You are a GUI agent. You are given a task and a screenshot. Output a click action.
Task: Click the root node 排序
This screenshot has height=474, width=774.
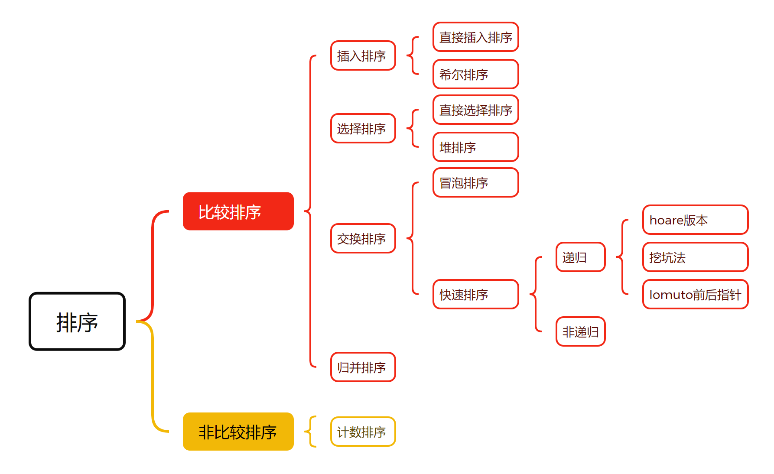77,321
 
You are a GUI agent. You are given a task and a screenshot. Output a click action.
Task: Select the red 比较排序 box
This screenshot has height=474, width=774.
238,211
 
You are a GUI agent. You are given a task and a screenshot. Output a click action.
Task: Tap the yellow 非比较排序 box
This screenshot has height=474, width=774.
238,432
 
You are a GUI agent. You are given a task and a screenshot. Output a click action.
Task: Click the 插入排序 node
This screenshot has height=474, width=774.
363,55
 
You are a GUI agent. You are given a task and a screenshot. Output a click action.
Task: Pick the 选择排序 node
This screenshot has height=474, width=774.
363,128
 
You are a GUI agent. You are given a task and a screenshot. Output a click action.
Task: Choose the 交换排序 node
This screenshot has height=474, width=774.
363,238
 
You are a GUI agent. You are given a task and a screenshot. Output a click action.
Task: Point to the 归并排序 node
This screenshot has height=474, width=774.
363,367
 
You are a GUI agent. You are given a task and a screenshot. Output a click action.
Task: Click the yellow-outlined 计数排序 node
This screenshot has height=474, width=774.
363,432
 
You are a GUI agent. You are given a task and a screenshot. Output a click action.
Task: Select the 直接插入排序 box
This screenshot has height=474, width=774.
475,37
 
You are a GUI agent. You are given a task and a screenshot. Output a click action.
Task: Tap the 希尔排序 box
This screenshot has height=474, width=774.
475,74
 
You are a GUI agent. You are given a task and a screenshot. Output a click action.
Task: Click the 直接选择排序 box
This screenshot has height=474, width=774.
475,110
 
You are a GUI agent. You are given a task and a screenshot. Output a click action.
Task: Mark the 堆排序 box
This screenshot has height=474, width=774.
475,147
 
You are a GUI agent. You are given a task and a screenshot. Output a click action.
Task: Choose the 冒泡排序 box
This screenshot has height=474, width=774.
475,182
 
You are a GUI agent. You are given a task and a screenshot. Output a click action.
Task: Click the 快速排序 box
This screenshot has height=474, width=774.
475,294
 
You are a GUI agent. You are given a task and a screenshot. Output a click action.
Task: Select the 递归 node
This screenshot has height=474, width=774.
580,257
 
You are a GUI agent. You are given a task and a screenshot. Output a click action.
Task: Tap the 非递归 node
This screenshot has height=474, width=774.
580,331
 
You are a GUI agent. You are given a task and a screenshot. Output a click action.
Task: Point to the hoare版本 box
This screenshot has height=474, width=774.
695,220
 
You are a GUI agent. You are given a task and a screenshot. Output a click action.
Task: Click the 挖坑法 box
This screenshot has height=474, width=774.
695,257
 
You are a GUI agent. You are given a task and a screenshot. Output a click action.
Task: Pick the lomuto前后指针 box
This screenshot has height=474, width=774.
695,294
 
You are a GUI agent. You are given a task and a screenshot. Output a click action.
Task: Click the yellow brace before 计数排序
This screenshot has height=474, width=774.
311,432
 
